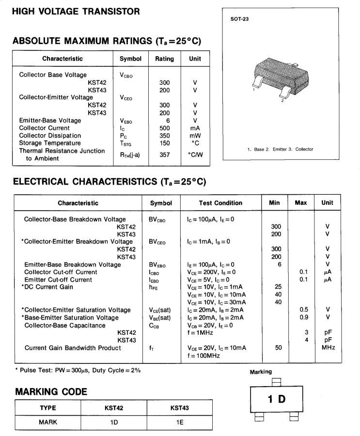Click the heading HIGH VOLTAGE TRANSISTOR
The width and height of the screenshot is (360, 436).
pyautogui.click(x=77, y=11)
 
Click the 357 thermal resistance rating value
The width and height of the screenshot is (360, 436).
pyautogui.click(x=164, y=155)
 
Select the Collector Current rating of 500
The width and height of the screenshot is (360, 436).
pyautogui.click(x=164, y=128)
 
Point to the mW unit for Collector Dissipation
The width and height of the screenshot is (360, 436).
pyautogui.click(x=195, y=136)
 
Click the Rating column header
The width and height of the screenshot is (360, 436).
pyautogui.click(x=164, y=59)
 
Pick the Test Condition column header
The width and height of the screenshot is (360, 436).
pyautogui.click(x=220, y=202)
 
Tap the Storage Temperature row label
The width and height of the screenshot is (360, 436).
pyautogui.click(x=50, y=143)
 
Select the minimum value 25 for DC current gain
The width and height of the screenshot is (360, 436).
pyautogui.click(x=278, y=287)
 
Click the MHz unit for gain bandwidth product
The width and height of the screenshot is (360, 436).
pyautogui.click(x=328, y=348)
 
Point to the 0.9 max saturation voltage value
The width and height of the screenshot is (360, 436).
pyautogui.click(x=304, y=318)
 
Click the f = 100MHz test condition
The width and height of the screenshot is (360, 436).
pyautogui.click(x=203, y=356)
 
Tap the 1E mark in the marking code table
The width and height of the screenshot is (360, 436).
pyautogui.click(x=180, y=422)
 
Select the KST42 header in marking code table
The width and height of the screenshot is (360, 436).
pyautogui.click(x=114, y=408)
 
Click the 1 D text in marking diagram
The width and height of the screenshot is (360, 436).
pyautogui.click(x=277, y=399)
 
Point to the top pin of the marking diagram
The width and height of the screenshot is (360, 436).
pyautogui.click(x=277, y=382)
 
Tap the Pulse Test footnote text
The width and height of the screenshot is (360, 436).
pyautogui.click(x=78, y=371)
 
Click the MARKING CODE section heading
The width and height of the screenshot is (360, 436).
pyautogui.click(x=51, y=391)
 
